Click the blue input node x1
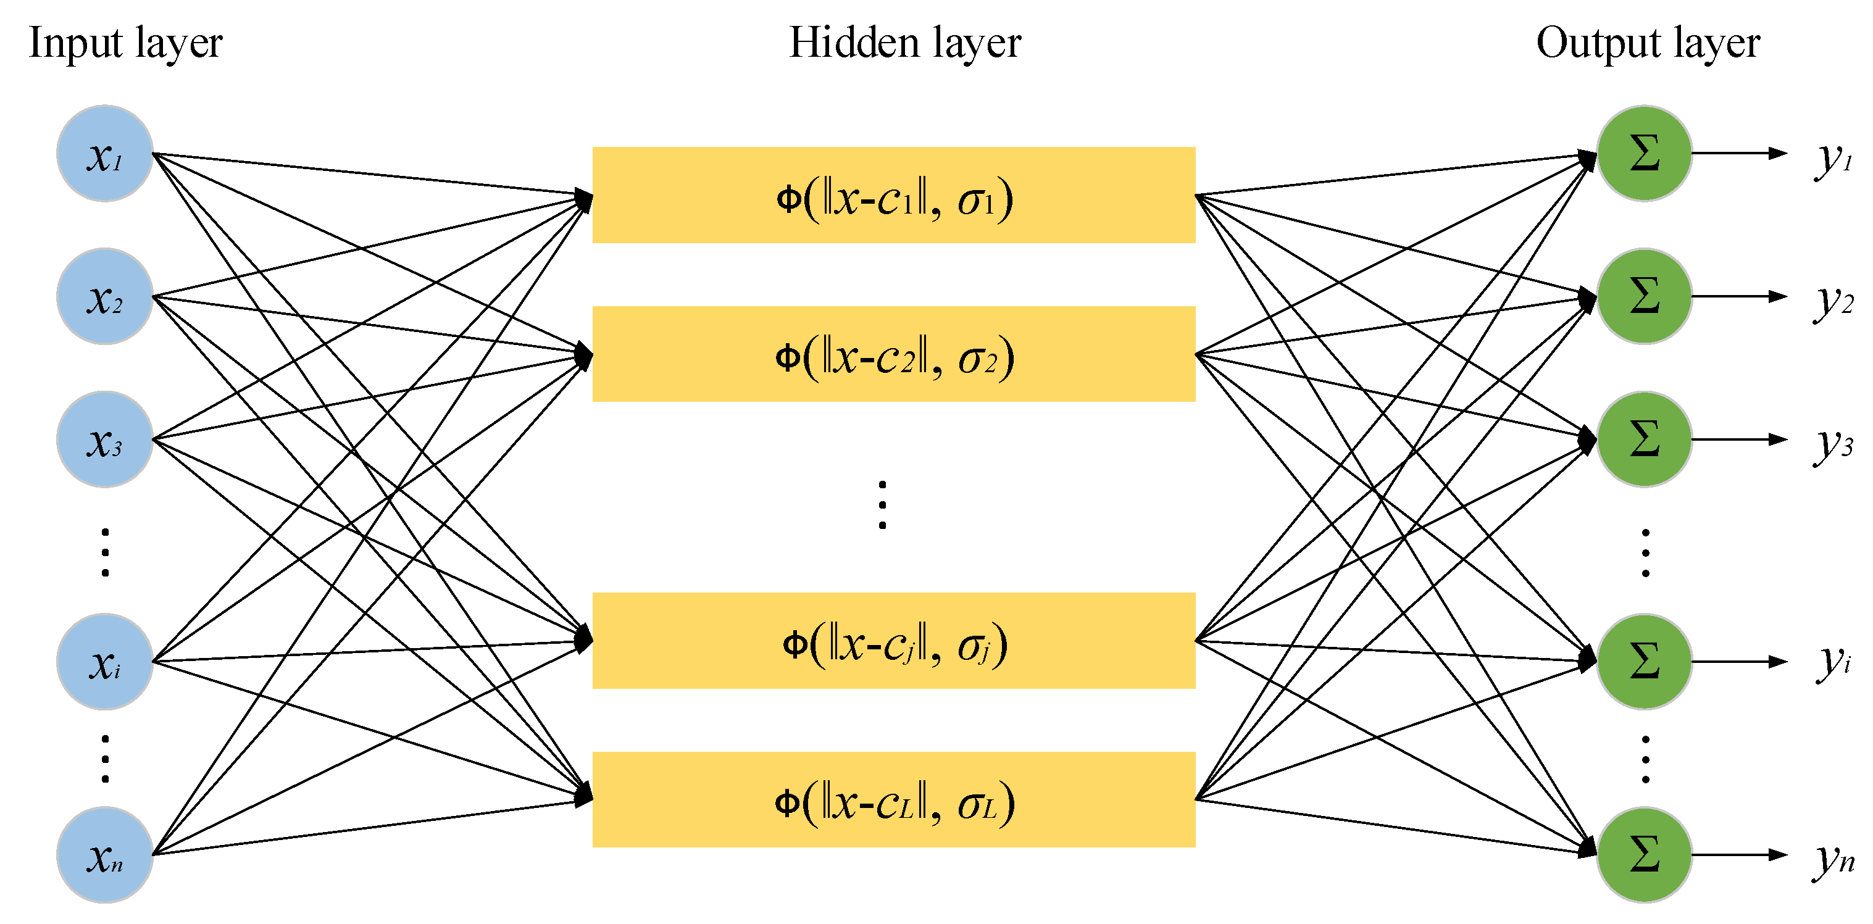pyautogui.click(x=105, y=154)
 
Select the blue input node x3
pyautogui.click(x=105, y=439)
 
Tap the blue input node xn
pyautogui.click(x=105, y=854)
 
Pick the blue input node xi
pyautogui.click(x=105, y=661)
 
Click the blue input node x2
pyautogui.click(x=105, y=296)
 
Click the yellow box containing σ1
pyautogui.click(x=894, y=195)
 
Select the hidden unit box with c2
pyautogui.click(x=894, y=354)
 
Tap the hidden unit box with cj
pyautogui.click(x=894, y=641)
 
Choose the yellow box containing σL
pyautogui.click(x=894, y=800)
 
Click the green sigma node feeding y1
pyautogui.click(x=1644, y=154)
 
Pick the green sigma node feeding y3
pyautogui.click(x=1644, y=439)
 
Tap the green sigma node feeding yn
pyautogui.click(x=1644, y=854)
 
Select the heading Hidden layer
pyautogui.click(x=905, y=44)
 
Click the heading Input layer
pyautogui.click(x=125, y=44)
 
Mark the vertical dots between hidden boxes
pyautogui.click(x=882, y=504)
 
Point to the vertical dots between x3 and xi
pyautogui.click(x=106, y=552)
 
